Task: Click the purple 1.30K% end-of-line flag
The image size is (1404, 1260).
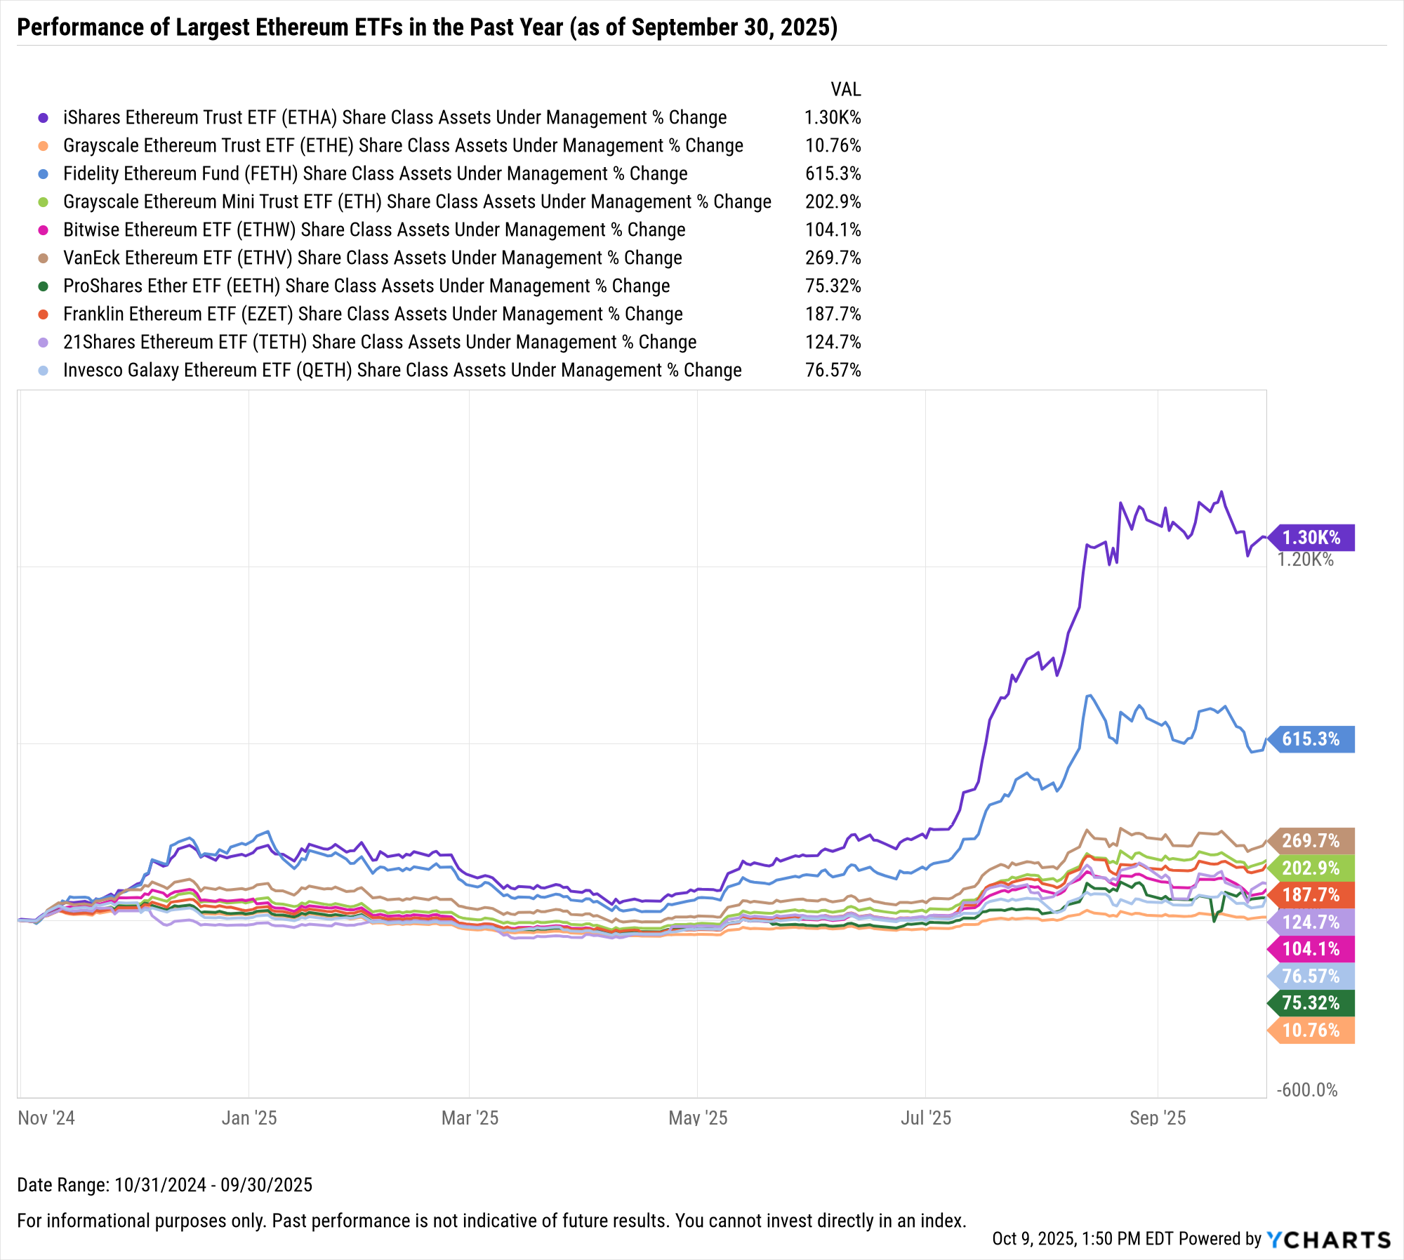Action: (1311, 538)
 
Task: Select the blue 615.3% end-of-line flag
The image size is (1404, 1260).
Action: (1311, 739)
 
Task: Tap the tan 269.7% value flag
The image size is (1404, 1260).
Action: (1311, 840)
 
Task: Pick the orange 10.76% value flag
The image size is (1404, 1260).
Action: (1311, 1030)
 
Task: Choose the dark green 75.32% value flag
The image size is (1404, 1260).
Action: (1311, 1003)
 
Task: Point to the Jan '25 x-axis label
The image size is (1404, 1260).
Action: (249, 1118)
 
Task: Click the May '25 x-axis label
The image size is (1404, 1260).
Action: (698, 1118)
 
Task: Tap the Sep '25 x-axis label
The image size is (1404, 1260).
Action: (1157, 1118)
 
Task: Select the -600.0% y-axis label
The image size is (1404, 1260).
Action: (1307, 1090)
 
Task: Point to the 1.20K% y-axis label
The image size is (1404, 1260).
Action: (1306, 559)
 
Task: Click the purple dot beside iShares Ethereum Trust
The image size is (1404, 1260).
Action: (44, 118)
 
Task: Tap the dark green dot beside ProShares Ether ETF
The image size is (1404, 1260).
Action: (44, 286)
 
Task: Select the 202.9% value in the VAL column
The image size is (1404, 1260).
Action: (833, 202)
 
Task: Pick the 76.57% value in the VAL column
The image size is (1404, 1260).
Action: (833, 371)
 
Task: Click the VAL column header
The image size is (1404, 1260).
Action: (845, 90)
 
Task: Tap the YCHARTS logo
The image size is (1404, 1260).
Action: (1328, 1240)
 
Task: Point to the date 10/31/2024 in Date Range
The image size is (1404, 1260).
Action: (160, 1185)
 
